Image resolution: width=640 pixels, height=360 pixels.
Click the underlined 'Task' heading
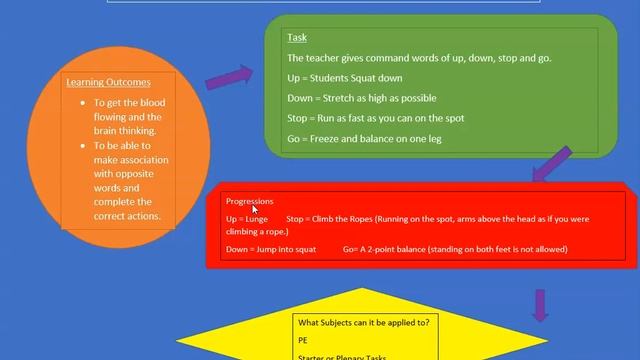[x=297, y=38]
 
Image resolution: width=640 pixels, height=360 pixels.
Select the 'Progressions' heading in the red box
[x=249, y=202]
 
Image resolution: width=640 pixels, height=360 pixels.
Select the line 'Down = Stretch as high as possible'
[x=354, y=98]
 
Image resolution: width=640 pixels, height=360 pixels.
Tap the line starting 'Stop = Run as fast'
[x=361, y=119]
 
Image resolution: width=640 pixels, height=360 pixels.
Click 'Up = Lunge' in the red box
[x=246, y=218]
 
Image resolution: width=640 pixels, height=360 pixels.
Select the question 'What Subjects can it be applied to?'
[x=364, y=321]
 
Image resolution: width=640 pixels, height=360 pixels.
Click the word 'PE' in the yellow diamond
[x=303, y=340]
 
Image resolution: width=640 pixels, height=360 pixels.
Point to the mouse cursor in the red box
[x=256, y=209]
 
